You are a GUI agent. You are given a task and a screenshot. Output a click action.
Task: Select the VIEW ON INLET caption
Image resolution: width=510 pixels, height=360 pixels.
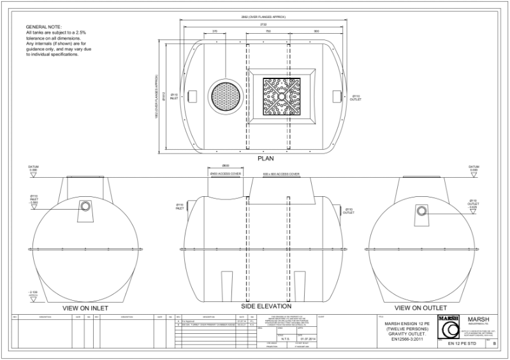click(x=85, y=308)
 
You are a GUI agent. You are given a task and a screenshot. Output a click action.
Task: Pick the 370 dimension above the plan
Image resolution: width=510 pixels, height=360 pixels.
click(x=215, y=30)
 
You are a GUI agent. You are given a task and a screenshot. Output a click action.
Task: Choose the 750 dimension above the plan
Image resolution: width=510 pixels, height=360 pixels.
click(x=268, y=30)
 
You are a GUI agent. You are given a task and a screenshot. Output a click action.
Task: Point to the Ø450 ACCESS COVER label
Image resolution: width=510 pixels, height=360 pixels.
click(x=224, y=173)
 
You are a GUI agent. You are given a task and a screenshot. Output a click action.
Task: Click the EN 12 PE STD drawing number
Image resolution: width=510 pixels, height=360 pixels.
click(x=462, y=343)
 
